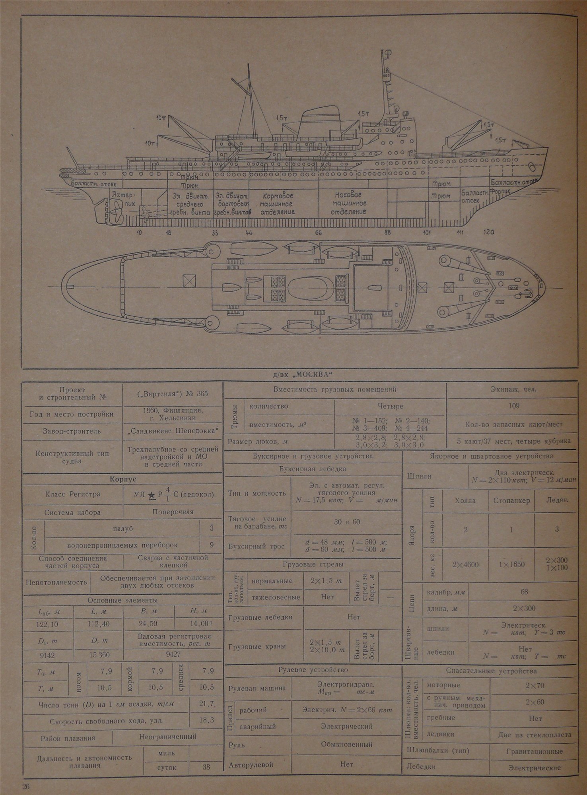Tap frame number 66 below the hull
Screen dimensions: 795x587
[x=318, y=233]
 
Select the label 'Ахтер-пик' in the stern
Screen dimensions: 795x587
[x=122, y=199]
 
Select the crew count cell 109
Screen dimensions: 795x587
[x=513, y=406]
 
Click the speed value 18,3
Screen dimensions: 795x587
[x=206, y=720]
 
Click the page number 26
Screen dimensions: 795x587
[x=27, y=786]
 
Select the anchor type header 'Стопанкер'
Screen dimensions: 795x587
[x=511, y=500]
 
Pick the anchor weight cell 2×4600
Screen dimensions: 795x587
[x=466, y=564]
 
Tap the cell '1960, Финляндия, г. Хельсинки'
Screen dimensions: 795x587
[x=172, y=414]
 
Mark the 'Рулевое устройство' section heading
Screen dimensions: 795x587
[x=314, y=670]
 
